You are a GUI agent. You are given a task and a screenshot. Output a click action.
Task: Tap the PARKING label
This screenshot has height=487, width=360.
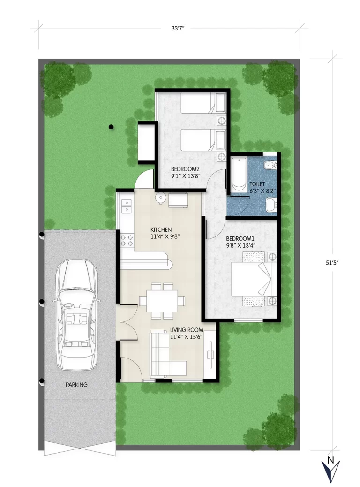click(x=76, y=385)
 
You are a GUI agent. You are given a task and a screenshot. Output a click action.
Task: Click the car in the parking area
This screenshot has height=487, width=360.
click(x=76, y=314)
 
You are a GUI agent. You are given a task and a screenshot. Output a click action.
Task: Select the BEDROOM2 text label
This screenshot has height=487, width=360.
click(x=185, y=169)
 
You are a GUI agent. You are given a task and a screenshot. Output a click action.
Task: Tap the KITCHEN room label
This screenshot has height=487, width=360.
click(x=161, y=229)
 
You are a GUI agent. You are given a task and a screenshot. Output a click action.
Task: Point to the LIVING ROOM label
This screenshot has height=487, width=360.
click(x=187, y=330)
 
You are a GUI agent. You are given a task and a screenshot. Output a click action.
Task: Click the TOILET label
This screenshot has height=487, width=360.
click(x=257, y=184)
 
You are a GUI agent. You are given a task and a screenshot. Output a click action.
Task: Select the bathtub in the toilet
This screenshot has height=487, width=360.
click(x=239, y=174)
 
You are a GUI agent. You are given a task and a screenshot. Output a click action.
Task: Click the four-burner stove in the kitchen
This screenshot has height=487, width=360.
click(x=127, y=240)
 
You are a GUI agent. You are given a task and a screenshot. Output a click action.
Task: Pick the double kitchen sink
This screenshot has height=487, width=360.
click(x=126, y=206)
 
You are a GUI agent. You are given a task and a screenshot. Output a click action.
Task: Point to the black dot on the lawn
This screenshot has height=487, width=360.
click(x=111, y=127)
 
